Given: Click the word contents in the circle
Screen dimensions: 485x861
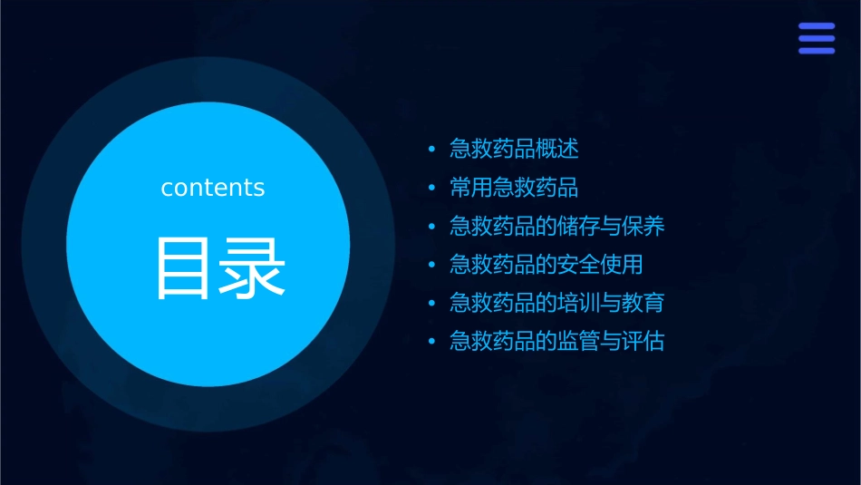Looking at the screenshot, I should pos(213,188).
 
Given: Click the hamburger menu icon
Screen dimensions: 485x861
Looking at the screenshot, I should pos(816,39).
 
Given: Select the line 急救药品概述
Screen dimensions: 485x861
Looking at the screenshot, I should pos(514,149).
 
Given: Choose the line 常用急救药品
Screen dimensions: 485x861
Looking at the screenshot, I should pos(514,188).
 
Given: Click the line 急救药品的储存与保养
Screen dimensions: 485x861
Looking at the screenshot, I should pos(556,226).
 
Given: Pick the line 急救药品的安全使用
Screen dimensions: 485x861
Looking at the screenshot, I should pos(546,265).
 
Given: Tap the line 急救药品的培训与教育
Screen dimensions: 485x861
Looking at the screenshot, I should pos(556,303).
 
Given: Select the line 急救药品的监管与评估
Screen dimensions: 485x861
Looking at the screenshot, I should pos(556,342).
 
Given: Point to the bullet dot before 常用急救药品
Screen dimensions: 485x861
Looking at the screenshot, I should pos(431,189).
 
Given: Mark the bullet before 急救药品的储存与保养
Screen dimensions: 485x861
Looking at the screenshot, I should pos(431,227).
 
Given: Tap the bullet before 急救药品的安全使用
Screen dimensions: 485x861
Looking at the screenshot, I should pos(431,266).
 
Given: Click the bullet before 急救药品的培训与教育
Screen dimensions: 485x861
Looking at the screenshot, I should pos(431,304).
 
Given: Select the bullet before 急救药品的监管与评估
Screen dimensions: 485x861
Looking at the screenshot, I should pos(431,343).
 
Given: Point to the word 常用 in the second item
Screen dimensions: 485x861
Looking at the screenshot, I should pos(471,188).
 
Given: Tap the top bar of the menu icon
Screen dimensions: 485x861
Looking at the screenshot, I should pos(816,27).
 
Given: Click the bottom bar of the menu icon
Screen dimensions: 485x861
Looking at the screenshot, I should pos(816,51).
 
